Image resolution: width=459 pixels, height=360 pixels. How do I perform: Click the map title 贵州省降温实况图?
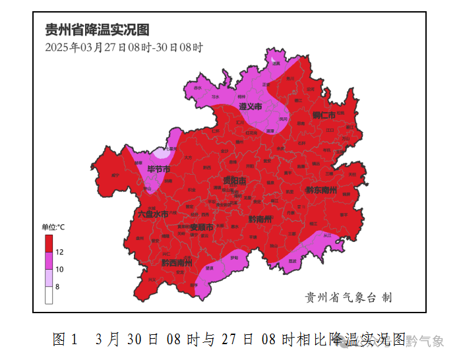click(97, 30)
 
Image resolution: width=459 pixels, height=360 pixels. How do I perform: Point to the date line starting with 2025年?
click(124, 47)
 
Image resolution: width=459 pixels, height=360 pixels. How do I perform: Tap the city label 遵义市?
click(250, 106)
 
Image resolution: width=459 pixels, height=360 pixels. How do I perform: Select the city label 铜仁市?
click(324, 116)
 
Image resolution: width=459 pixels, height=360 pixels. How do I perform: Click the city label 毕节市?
click(158, 170)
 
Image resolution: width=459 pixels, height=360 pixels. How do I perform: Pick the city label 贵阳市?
click(234, 180)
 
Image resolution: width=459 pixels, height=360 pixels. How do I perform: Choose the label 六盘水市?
click(153, 214)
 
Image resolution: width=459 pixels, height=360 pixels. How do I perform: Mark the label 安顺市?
click(201, 227)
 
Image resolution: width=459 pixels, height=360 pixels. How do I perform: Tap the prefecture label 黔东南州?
click(321, 191)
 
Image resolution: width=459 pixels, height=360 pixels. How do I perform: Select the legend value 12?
click(59, 252)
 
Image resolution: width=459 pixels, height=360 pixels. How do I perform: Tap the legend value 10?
click(59, 269)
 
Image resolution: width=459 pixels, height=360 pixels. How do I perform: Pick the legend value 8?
click(57, 286)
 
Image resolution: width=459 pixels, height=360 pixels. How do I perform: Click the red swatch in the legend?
click(49, 243)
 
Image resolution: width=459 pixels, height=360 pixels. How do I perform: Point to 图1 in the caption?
click(65, 340)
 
